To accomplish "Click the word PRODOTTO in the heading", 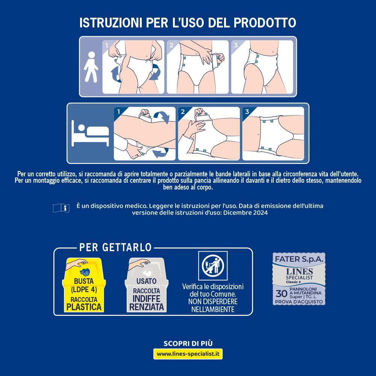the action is point(265,23).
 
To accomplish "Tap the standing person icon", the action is point(91,67).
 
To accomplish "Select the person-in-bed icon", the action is point(90,133).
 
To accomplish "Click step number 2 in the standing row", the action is point(171,45).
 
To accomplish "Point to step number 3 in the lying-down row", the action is point(247,112).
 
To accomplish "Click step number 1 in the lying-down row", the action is point(118,112).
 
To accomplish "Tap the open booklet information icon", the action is point(61,208).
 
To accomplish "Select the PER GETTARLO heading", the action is point(115,247).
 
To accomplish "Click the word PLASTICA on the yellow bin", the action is point(84,307).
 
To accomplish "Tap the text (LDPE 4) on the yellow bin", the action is point(84,290).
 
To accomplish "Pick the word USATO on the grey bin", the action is point(146,281).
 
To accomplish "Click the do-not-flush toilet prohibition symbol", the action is point(213,266).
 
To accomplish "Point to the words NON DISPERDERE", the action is point(213,302).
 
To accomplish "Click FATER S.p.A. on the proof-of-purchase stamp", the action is point(299,259).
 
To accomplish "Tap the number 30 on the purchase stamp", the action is point(282,294).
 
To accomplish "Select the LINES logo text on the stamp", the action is point(299,271).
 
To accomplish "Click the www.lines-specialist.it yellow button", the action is point(188,354).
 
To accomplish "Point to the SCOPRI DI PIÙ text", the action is point(188,343).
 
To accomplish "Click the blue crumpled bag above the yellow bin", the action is point(85,272).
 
